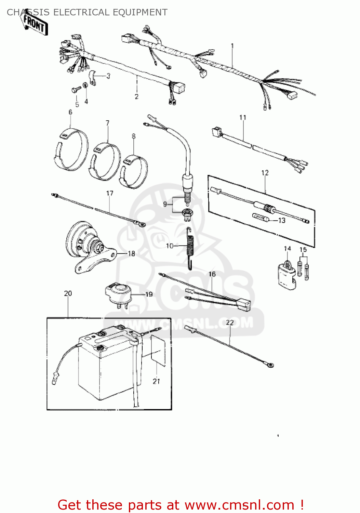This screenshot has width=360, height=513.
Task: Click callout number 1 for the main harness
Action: (x=232, y=46)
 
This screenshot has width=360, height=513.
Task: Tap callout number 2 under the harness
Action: (x=136, y=96)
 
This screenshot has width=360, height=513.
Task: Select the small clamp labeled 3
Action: (x=92, y=78)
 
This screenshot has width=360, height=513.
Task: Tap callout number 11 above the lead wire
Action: (x=243, y=118)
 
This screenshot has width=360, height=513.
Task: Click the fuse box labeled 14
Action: (x=286, y=275)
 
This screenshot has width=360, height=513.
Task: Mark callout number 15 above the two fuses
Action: (x=303, y=250)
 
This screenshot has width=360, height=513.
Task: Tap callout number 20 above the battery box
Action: (x=68, y=293)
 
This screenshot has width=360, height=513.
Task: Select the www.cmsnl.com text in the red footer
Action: (x=239, y=505)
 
